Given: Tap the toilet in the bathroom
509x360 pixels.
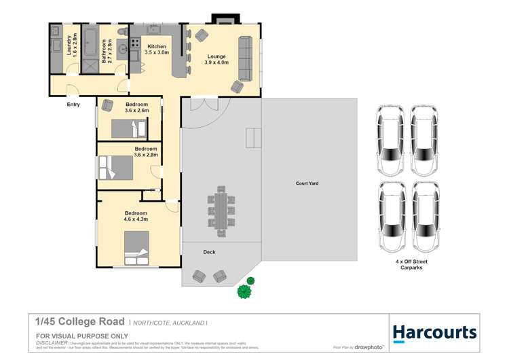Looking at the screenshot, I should click(121, 31).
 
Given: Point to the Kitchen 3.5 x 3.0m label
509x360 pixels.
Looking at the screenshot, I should click(157, 50).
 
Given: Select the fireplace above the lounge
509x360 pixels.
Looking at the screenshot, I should click(223, 18).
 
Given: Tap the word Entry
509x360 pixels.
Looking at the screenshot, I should click(73, 105).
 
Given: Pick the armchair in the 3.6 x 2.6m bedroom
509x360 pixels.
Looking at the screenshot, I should click(107, 105).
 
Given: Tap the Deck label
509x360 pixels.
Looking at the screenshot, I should click(210, 252).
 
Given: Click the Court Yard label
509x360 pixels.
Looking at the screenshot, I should click(307, 183).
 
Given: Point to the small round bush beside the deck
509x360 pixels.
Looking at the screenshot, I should click(250, 281).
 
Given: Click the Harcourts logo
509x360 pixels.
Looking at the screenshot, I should click(434, 333).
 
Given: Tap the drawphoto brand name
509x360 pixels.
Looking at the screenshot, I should click(369, 346).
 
